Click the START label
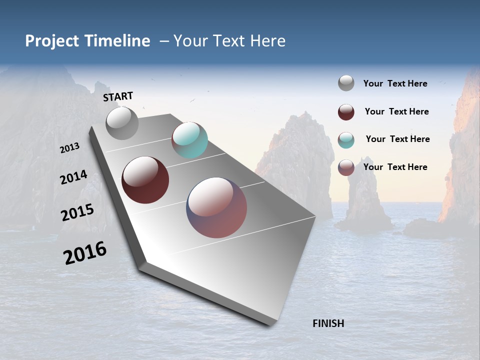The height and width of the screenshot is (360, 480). (118, 96)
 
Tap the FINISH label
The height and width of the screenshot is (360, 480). (328, 323)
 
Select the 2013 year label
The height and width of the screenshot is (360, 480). (70, 148)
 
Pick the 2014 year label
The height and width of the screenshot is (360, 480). (73, 177)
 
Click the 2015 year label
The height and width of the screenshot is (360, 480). (77, 212)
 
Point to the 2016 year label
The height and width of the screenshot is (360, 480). (85, 253)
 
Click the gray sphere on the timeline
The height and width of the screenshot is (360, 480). (122, 123)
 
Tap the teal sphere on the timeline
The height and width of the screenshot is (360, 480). (189, 140)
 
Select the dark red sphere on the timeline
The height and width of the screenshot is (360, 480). (145, 180)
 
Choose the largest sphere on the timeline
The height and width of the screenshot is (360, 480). (216, 207)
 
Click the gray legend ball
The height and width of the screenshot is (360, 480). (346, 83)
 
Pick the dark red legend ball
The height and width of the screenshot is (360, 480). (346, 112)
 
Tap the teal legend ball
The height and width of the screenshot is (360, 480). (346, 140)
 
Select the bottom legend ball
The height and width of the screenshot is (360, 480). (346, 167)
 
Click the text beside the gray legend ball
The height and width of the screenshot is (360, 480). (395, 83)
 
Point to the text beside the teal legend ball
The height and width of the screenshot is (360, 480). (397, 139)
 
